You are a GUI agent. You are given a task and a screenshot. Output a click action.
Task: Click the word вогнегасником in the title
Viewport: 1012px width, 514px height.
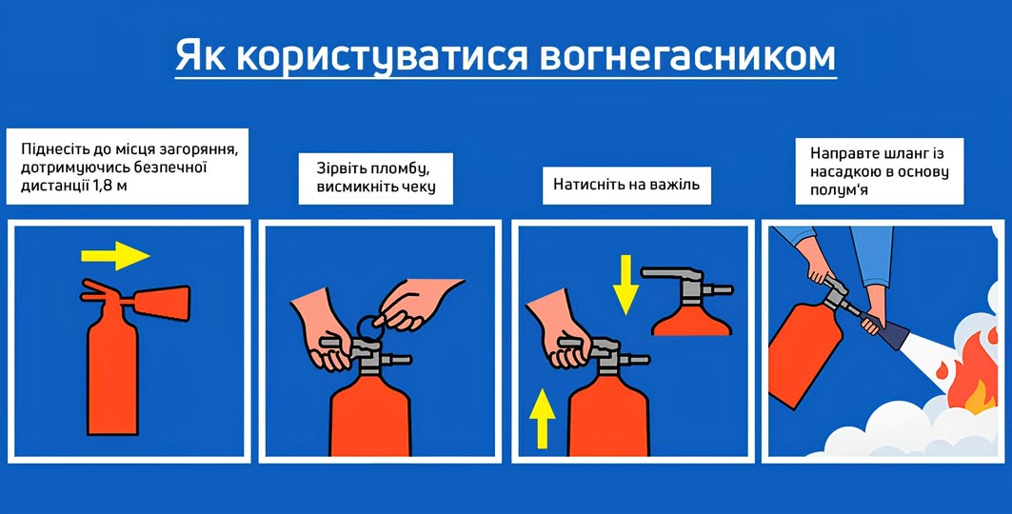point(686,56)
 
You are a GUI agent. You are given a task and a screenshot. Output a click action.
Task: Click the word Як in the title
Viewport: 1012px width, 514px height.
point(199,56)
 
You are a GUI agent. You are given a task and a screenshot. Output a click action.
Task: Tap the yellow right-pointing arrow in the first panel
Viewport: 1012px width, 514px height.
point(115,255)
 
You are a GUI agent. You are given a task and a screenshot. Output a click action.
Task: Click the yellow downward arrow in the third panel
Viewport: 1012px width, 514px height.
point(625,285)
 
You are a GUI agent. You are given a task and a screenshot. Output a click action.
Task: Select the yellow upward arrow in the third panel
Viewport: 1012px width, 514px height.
point(542,419)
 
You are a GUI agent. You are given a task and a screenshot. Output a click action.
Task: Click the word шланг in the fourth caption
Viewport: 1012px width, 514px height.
point(892,154)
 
